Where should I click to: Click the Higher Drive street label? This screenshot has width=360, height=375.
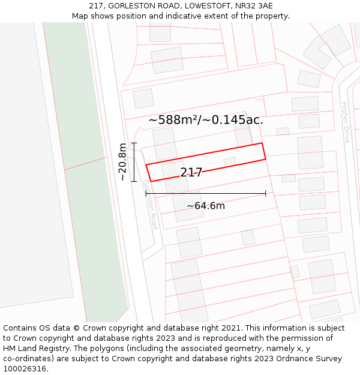346,122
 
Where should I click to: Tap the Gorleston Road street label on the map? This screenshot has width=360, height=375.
150,204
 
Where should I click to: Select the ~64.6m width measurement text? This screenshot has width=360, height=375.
205,206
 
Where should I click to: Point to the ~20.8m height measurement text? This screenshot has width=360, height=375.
122,162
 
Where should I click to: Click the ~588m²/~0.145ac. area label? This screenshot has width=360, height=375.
206,120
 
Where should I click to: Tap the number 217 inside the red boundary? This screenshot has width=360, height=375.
191,173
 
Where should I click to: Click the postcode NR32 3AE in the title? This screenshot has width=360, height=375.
254,6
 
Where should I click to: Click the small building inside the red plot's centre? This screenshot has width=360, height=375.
229,162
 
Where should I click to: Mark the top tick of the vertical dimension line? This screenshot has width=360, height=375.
134,143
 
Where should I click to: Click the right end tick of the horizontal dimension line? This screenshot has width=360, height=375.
265,193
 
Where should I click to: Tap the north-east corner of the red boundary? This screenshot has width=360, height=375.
262,143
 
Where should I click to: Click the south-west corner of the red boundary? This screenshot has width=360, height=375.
151,181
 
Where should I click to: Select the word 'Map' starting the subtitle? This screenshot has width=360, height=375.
80,16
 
